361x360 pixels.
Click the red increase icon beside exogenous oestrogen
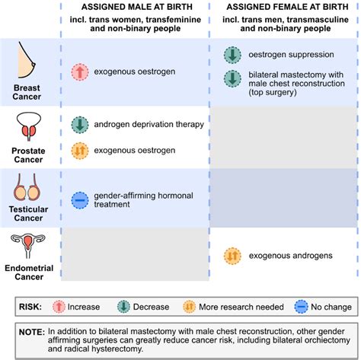coord(79,72)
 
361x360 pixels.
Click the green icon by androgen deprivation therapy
coord(79,124)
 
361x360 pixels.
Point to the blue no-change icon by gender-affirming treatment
coord(79,199)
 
